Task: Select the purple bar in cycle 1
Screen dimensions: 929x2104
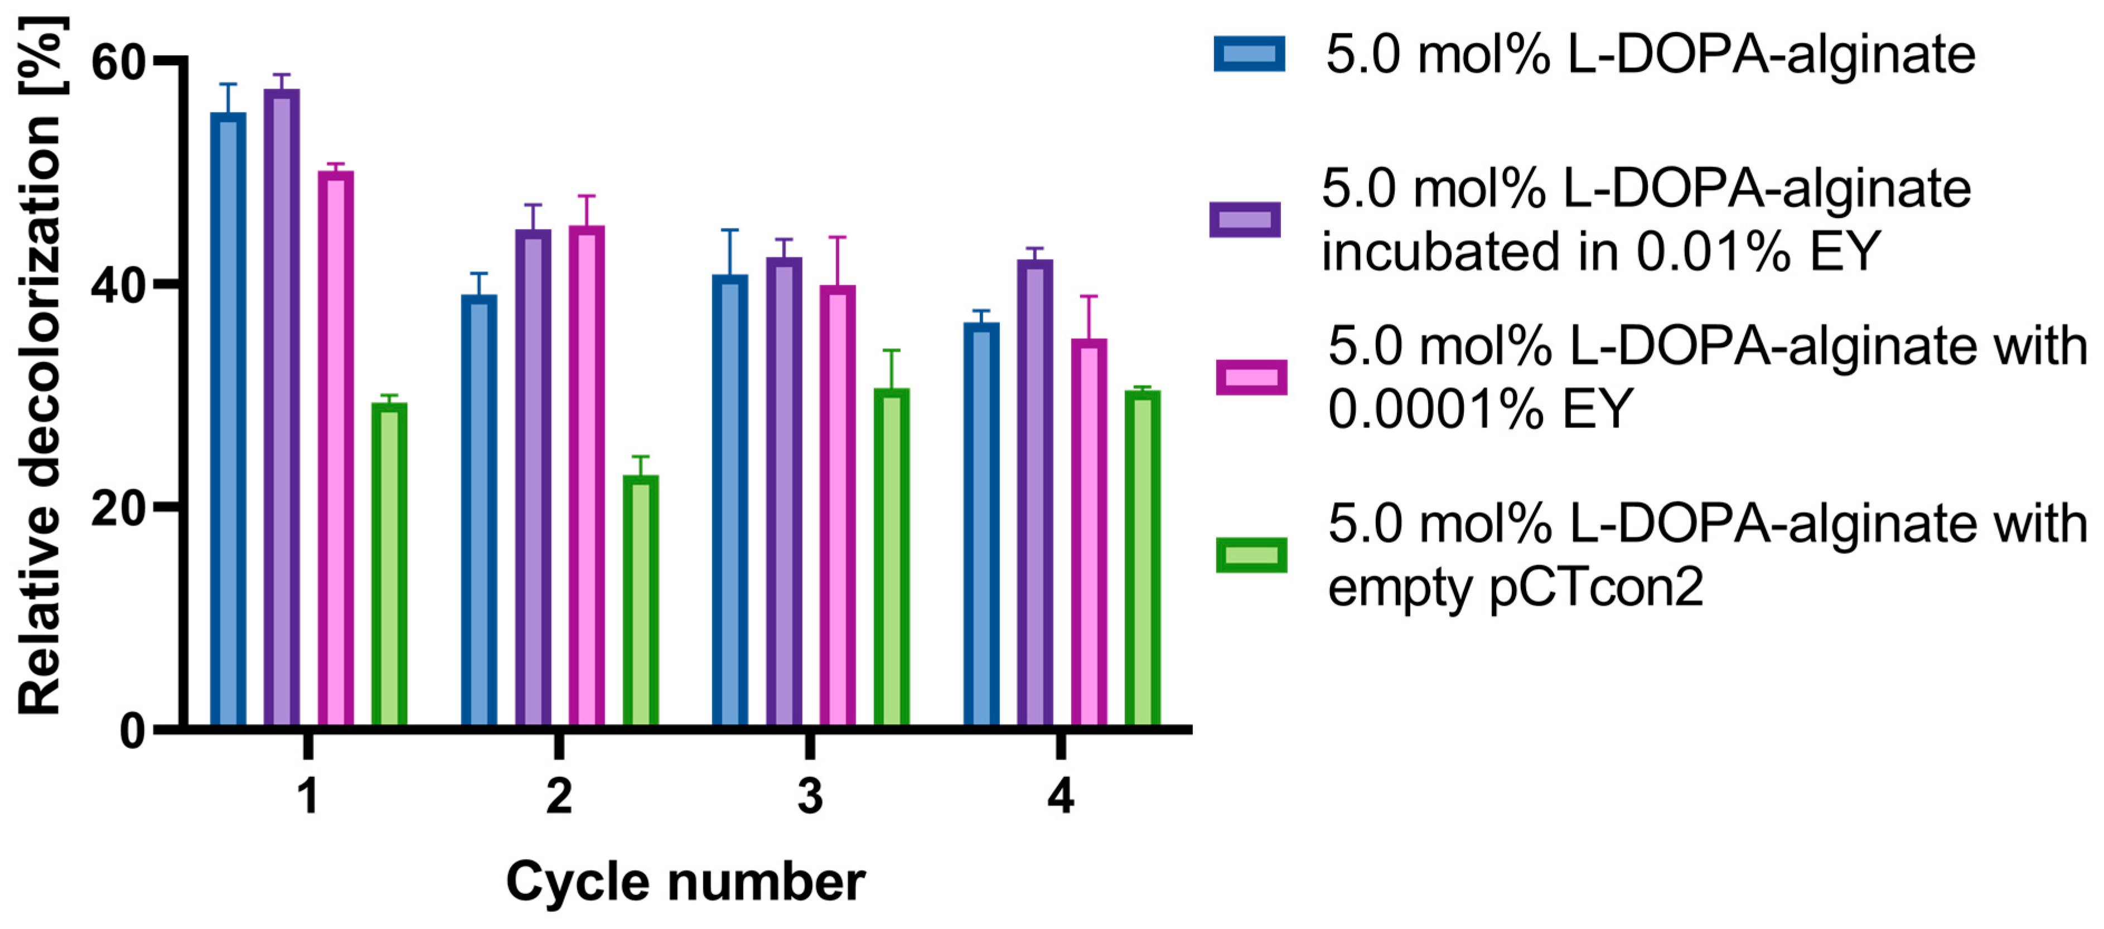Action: tap(282, 407)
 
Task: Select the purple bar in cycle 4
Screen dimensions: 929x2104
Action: tap(1035, 493)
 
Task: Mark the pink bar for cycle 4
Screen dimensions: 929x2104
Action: tap(1089, 532)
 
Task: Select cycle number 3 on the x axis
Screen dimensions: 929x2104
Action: tap(809, 796)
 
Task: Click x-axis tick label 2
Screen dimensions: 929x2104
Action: tap(559, 796)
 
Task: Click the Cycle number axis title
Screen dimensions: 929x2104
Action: tap(685, 882)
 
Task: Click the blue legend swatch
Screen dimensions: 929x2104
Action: tap(1249, 54)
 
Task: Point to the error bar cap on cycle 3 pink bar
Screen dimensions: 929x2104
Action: tap(837, 237)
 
